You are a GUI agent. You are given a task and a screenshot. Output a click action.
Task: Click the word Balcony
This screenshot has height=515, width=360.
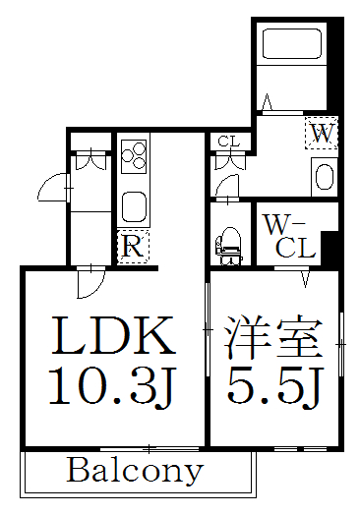135,471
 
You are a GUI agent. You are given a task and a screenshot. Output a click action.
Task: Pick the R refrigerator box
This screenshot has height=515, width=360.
132,247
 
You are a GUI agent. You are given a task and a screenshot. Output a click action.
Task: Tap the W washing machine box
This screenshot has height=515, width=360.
322,132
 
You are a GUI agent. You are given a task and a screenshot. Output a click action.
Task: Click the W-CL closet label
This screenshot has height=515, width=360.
291,236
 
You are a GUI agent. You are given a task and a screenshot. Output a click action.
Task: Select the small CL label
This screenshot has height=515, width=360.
228,141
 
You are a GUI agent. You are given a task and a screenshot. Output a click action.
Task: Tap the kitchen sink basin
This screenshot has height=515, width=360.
134,205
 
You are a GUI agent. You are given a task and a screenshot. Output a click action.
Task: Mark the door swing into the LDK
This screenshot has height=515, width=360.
90,284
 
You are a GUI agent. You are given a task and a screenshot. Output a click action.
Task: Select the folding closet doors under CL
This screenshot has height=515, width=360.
226,164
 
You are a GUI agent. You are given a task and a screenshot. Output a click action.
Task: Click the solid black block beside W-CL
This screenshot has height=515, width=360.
331,245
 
